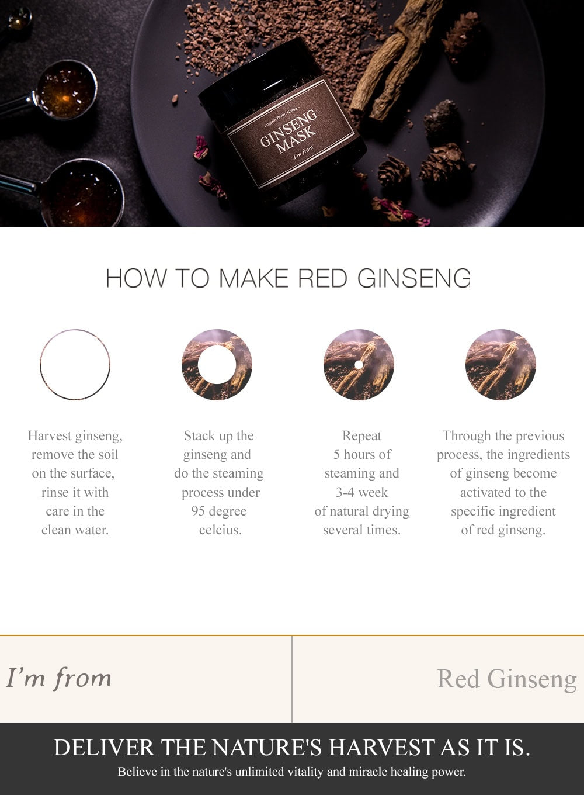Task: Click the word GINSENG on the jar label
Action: point(288,127)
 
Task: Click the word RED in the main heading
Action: point(323,278)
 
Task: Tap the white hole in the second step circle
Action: point(217,365)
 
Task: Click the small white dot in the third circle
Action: point(359,365)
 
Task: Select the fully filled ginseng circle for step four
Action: point(500,365)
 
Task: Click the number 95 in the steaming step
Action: point(198,511)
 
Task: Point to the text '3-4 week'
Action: point(361,492)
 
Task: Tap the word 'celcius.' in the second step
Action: point(220,530)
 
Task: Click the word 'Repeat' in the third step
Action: point(361,436)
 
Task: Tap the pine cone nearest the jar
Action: point(394,170)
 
